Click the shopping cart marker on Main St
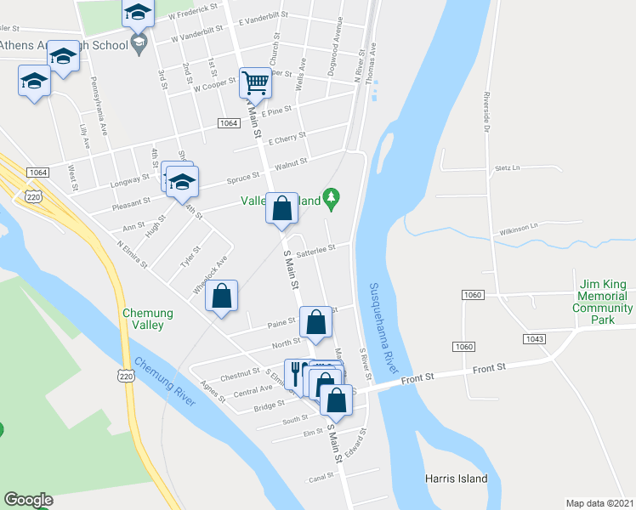coord(254,83)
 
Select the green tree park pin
coord(333,200)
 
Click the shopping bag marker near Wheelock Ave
coord(221,297)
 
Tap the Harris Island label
coord(457,479)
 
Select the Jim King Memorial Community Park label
coord(603,302)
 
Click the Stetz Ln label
coord(505,169)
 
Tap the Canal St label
coord(321,478)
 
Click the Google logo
coord(28,500)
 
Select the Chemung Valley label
coord(148,319)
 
